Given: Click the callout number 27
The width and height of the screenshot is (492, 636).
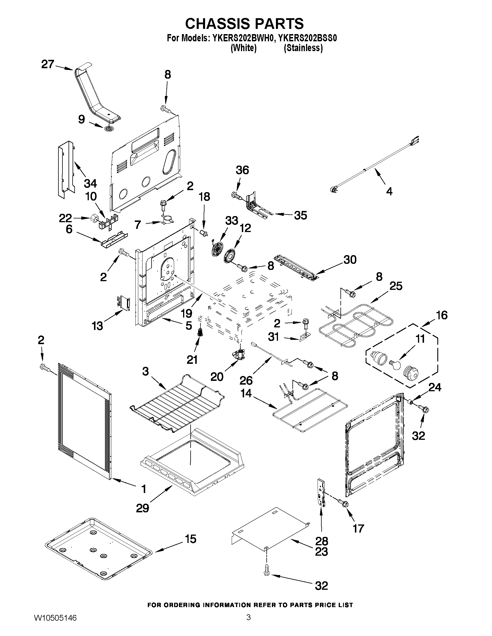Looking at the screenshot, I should [47, 64].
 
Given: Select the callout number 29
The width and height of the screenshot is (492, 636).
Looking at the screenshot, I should [143, 508].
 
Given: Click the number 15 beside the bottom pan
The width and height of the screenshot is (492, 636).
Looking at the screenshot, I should [190, 539].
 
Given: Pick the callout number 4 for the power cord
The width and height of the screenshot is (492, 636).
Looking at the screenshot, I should [389, 191].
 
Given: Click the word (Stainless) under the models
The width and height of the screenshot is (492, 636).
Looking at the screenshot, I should [303, 48].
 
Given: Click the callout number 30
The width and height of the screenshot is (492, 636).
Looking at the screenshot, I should [350, 259].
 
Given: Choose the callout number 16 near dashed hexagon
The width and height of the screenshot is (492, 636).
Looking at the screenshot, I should [442, 315].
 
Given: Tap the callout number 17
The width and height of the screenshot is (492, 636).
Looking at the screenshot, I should [358, 528].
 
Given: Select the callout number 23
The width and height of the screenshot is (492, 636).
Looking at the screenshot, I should [321, 552].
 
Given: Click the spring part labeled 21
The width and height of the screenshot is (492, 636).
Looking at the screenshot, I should [200, 331].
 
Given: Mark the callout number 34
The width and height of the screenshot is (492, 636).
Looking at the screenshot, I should [90, 183].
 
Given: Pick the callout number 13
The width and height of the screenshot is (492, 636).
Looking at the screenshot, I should [97, 326].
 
